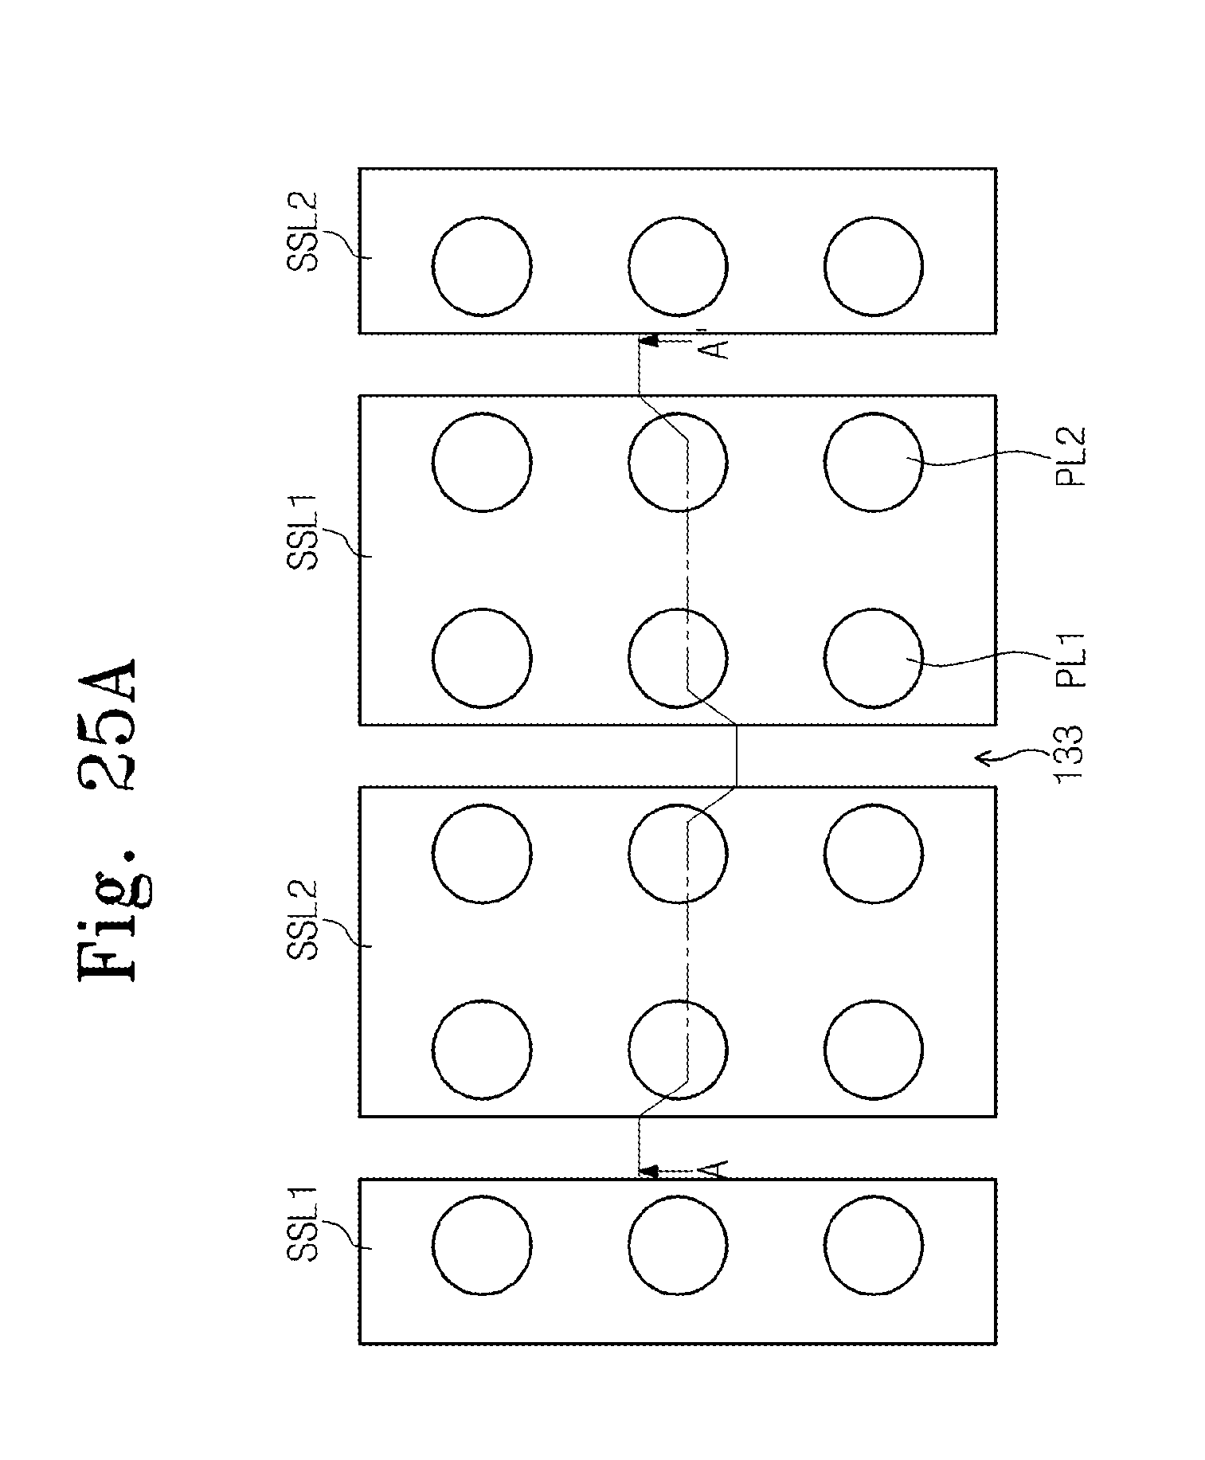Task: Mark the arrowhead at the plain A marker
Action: (648, 1171)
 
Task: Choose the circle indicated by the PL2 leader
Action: (873, 461)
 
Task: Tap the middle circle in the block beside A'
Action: (677, 266)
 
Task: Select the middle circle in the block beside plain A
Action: (677, 1245)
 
